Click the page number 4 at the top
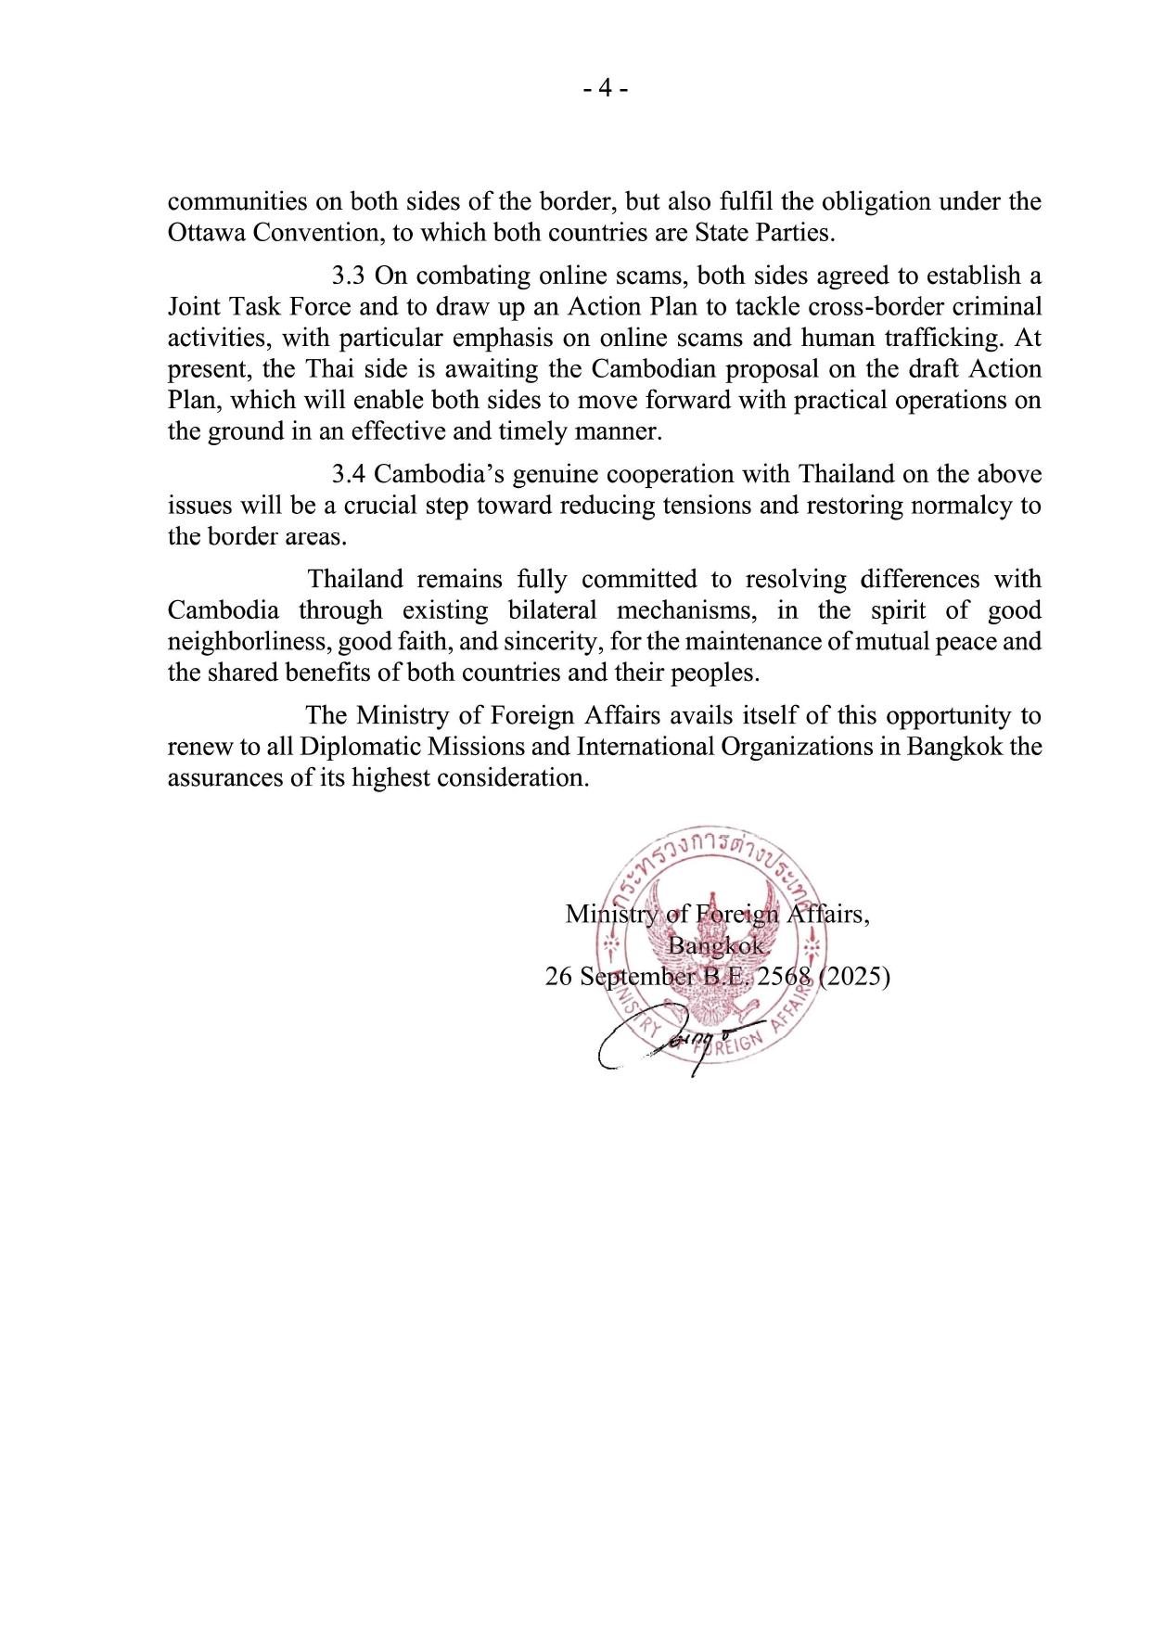[606, 89]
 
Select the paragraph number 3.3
[349, 276]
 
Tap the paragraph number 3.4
[349, 474]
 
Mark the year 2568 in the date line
[785, 977]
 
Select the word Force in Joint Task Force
[321, 307]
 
